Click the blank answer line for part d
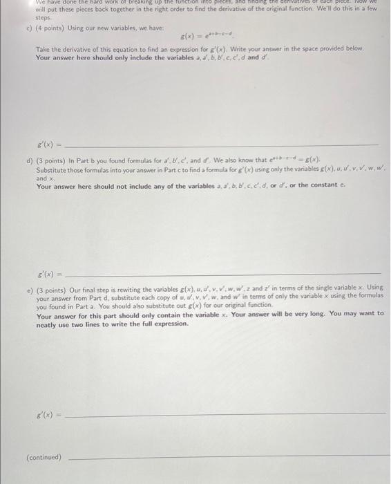click(x=221, y=274)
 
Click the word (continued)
click(x=44, y=457)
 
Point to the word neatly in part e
click(x=48, y=324)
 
